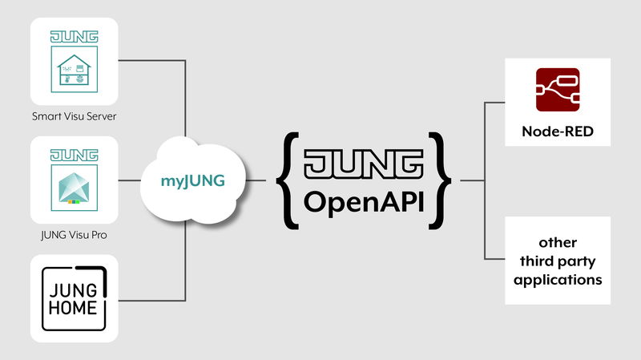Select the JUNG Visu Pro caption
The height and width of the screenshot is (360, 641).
[74, 236]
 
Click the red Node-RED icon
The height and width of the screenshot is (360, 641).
[558, 90]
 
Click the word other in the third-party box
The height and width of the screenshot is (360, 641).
[558, 242]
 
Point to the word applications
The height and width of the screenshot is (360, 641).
[558, 281]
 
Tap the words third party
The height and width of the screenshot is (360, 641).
[558, 261]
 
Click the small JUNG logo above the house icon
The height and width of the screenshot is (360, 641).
[74, 37]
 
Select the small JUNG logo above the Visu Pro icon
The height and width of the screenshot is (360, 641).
[74, 154]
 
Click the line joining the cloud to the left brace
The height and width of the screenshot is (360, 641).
[256, 180]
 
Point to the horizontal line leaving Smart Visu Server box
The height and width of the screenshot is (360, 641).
[152, 60]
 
